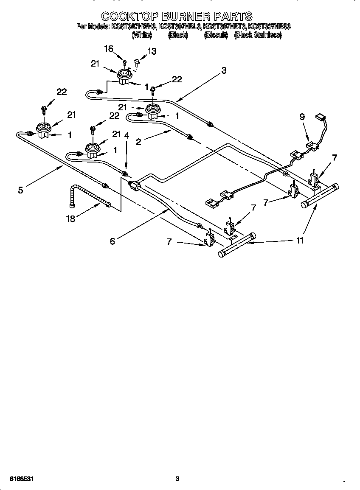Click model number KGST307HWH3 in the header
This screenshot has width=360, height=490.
click(134, 27)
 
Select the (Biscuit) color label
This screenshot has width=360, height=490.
click(216, 36)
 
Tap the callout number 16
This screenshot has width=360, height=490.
click(109, 49)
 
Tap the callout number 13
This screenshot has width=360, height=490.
click(151, 51)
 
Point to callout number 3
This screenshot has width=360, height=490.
click(224, 71)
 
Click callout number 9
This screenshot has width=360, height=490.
click(302, 117)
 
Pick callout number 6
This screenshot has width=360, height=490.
click(112, 241)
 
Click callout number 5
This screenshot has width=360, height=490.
click(20, 190)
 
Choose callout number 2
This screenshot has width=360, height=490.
click(138, 142)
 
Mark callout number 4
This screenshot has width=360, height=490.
click(126, 136)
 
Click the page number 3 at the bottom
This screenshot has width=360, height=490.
click(177, 479)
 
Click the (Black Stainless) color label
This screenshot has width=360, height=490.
click(258, 36)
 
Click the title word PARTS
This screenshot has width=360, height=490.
click(233, 17)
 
